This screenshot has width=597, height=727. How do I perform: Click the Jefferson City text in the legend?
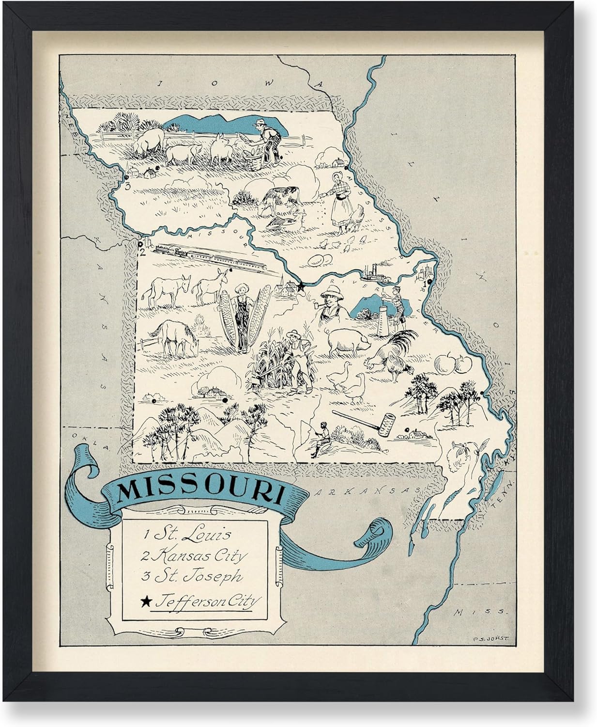[206, 601]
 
